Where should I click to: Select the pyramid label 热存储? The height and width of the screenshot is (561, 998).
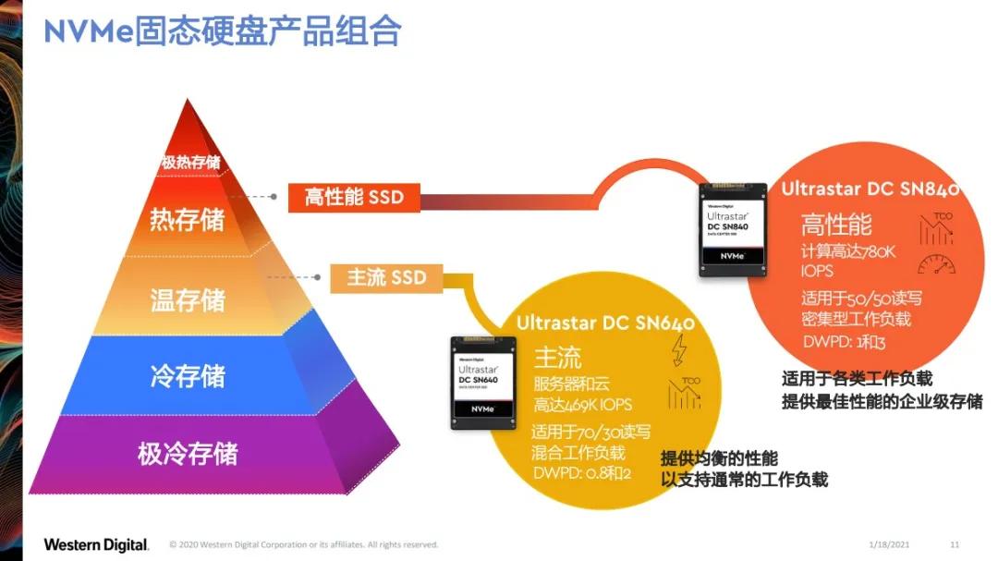coord(187,221)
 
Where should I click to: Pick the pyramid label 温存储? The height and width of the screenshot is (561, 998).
coord(188,300)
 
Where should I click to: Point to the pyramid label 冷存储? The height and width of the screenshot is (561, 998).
coord(188,376)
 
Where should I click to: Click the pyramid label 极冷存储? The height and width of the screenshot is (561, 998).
coord(188,454)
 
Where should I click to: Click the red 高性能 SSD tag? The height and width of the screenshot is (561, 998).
coord(355,197)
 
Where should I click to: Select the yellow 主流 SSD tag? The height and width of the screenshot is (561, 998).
coord(386,276)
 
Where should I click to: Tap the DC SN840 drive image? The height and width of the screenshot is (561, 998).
coord(734,228)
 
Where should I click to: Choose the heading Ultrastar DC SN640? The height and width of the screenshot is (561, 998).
coord(605,323)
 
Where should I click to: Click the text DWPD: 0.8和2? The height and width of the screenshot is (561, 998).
coord(581,474)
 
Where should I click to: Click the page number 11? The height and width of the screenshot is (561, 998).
coord(955,544)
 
